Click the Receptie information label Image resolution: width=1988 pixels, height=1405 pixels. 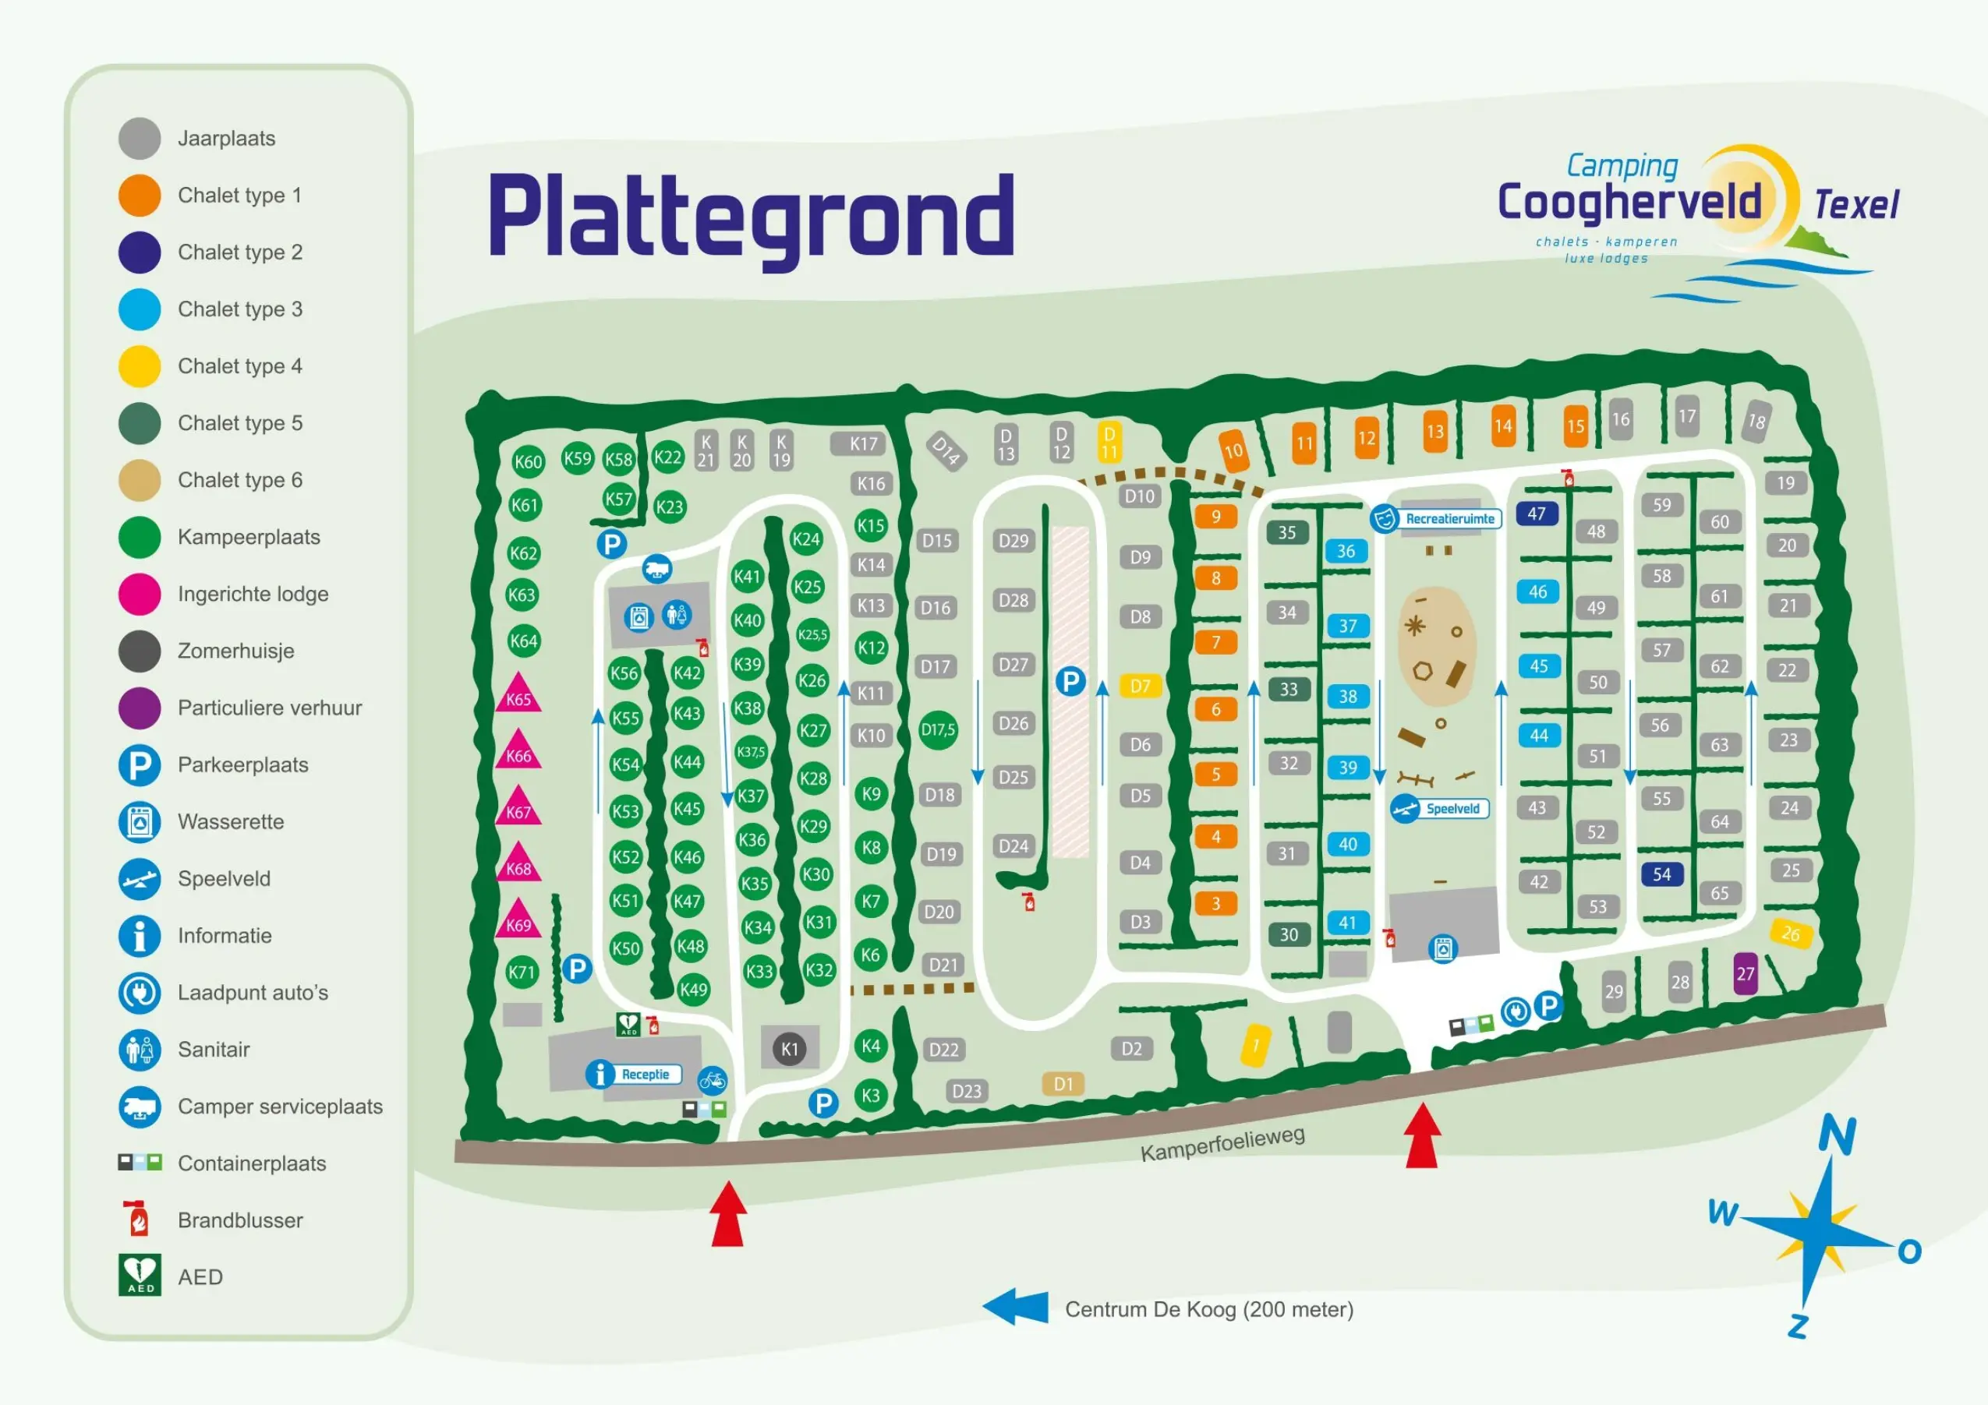click(645, 1075)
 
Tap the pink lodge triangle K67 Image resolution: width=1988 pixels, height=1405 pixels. click(518, 810)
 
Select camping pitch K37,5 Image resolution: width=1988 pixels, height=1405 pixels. click(751, 751)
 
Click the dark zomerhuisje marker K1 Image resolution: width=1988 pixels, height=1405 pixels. click(790, 1049)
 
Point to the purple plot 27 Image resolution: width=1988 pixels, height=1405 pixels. click(1746, 974)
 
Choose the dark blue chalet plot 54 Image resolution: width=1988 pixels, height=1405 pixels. click(1661, 874)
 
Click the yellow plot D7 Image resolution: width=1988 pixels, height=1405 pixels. click(1141, 687)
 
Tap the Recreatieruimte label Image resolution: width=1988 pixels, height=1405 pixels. click(1449, 518)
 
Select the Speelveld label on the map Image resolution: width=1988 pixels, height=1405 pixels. click(1452, 809)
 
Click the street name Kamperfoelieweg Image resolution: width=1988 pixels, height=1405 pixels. click(1222, 1145)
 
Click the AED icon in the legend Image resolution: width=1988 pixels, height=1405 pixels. click(140, 1276)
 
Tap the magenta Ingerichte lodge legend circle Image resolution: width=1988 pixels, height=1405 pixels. click(140, 594)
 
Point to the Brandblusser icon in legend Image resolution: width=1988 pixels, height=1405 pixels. click(138, 1219)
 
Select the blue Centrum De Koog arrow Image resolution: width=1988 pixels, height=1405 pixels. click(1015, 1307)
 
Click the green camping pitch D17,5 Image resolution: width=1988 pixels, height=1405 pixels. click(938, 729)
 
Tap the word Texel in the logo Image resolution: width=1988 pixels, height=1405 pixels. click(1856, 205)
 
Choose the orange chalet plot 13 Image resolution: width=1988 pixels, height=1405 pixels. click(1434, 430)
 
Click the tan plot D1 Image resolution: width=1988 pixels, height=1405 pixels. click(1063, 1084)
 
